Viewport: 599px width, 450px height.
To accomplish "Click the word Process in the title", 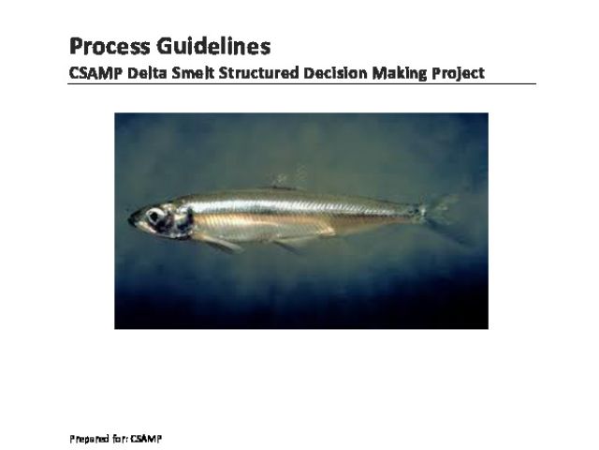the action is point(110,47).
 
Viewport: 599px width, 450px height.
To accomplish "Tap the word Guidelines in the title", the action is point(213,46).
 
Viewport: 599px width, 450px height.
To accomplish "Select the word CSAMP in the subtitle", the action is point(95,73).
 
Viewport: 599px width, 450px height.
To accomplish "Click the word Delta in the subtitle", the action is point(147,73).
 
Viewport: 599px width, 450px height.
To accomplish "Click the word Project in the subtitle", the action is point(459,73).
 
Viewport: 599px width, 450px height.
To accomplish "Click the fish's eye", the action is point(154,217).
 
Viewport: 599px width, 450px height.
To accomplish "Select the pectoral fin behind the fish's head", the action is point(220,243).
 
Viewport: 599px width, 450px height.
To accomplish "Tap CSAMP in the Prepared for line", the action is point(146,439).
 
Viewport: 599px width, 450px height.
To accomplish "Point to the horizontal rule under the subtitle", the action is point(301,83).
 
